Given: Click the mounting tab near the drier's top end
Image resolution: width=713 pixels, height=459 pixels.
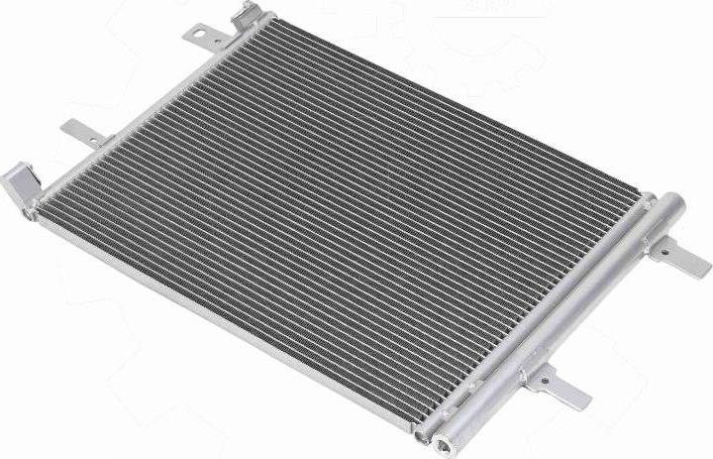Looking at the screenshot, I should (683, 258).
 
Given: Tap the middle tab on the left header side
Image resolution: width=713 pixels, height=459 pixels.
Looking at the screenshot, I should (83, 132).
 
